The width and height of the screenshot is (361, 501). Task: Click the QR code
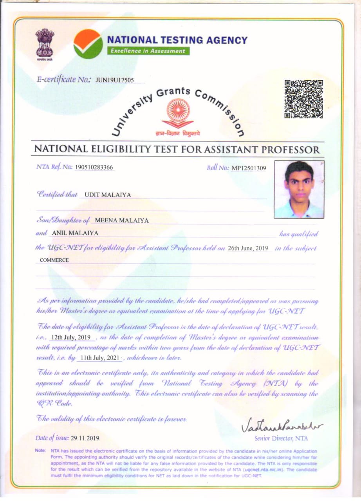[304, 99]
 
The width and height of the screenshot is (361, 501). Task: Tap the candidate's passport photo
[299, 189]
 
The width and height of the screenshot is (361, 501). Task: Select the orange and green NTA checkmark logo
[88, 44]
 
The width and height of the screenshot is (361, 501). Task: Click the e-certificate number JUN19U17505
[115, 80]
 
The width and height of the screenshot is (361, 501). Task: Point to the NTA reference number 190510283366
[94, 168]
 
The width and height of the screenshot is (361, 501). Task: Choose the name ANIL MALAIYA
[75, 233]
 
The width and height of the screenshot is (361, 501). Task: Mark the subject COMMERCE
[54, 260]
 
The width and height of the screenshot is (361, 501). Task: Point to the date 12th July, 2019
[71, 337]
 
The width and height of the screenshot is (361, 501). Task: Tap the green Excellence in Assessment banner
[148, 51]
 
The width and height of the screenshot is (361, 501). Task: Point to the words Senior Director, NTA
[281, 438]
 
